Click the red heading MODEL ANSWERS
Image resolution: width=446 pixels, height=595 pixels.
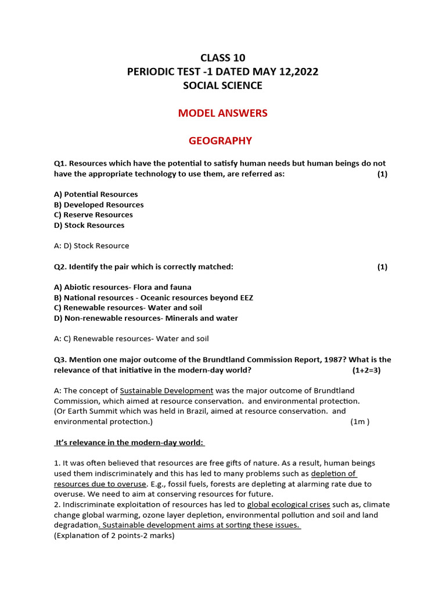(x=222, y=113)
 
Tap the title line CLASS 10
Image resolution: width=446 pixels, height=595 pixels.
(x=222, y=58)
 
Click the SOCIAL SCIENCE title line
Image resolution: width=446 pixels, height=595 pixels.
(x=222, y=85)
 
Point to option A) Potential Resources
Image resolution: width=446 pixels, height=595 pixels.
(x=96, y=194)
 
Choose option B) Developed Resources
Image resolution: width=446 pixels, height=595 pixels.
(x=99, y=205)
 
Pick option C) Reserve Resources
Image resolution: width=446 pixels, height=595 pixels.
(x=93, y=215)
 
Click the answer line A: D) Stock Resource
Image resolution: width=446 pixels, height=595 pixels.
(x=92, y=246)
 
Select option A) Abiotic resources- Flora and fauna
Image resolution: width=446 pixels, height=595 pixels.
(x=123, y=287)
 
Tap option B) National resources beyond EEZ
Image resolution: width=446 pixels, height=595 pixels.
(x=153, y=297)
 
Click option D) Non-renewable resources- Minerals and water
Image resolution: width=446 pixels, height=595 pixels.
(x=146, y=318)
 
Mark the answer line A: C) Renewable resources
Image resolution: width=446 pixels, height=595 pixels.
(x=131, y=338)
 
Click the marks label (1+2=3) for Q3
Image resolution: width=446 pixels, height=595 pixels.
(x=366, y=370)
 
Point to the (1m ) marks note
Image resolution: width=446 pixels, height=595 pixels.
(x=360, y=422)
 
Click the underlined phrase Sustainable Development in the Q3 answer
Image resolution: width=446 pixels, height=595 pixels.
(x=167, y=390)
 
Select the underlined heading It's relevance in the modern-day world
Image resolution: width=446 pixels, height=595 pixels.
(x=129, y=443)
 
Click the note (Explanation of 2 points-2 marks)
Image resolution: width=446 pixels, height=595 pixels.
(x=114, y=536)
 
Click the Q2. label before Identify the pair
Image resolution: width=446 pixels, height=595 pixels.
(x=60, y=267)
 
